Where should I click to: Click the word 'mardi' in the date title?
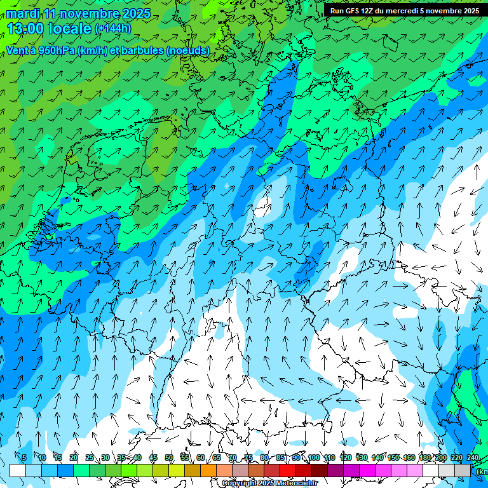22,13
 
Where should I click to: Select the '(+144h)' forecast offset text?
112,29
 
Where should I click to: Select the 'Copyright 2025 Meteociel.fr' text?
269,484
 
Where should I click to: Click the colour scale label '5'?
24,458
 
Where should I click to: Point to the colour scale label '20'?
74,458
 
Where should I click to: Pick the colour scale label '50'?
169,458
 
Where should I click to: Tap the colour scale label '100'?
314,458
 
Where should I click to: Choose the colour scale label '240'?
472,458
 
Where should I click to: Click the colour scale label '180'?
425,458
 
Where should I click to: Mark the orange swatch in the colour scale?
208,470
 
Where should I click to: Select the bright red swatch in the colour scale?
288,470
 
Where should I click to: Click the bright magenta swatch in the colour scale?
367,470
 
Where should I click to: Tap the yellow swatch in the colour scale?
177,470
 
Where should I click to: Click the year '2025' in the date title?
135,13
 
